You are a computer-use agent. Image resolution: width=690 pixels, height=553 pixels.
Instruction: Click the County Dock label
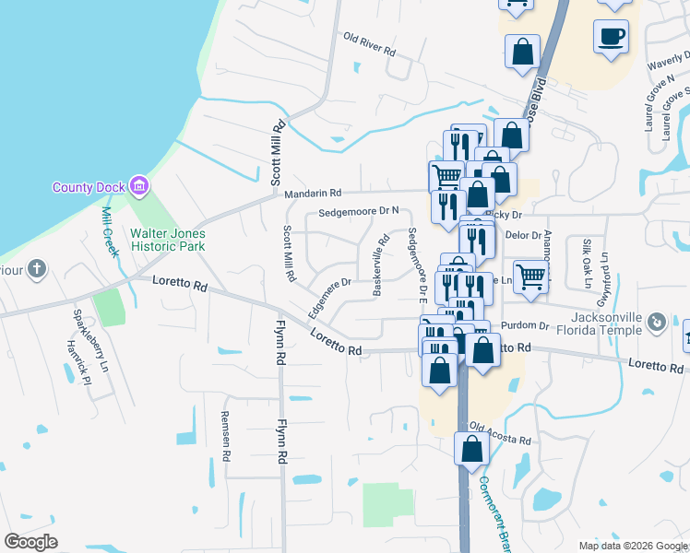pos(88,187)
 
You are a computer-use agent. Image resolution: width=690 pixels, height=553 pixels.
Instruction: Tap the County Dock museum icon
pos(138,187)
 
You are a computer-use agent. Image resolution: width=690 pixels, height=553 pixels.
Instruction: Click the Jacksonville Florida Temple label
pos(596,322)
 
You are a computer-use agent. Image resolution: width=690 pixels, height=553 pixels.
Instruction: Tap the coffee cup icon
pos(612,37)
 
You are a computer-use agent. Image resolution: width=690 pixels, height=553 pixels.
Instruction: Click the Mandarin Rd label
pos(313,194)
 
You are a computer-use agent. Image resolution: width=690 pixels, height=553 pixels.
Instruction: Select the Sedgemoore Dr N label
pos(359,213)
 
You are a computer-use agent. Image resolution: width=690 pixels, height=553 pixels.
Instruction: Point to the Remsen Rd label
pos(223,429)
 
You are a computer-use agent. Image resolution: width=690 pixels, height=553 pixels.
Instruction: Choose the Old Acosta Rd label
pos(501,433)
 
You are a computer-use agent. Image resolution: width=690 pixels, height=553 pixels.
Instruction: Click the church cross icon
pos(36,270)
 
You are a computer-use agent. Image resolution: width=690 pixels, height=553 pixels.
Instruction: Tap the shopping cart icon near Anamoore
pos(530,276)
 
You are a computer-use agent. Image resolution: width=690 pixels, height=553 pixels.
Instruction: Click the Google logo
pos(30,542)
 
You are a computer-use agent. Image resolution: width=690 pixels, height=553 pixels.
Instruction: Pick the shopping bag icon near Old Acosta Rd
pos(472,449)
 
